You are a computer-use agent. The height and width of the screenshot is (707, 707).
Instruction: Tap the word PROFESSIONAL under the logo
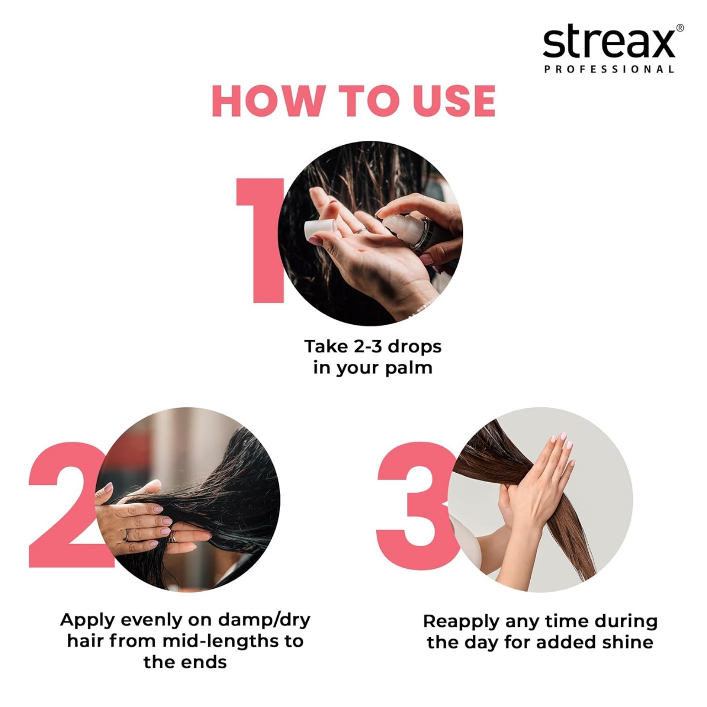[x=609, y=70]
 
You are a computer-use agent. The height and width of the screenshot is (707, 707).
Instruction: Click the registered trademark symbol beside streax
[x=679, y=28]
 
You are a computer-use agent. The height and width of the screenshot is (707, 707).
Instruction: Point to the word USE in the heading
[x=454, y=101]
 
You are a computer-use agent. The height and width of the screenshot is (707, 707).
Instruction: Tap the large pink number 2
[x=64, y=505]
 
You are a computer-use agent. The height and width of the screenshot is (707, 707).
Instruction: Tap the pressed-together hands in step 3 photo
[x=539, y=486]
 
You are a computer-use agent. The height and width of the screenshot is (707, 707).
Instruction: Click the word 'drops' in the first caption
[x=414, y=346]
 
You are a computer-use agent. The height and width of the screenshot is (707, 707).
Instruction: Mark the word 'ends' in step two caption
[x=205, y=662]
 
